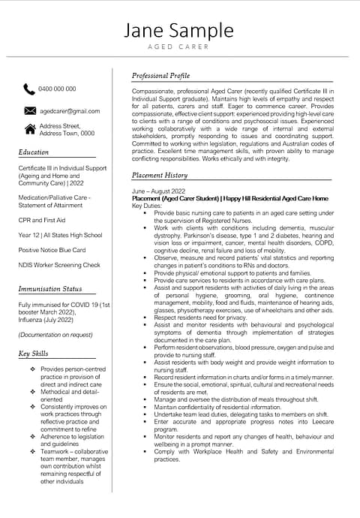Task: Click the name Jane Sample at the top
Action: click(x=179, y=30)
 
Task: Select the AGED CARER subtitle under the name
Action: click(x=179, y=47)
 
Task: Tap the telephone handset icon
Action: click(x=29, y=89)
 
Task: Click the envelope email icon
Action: click(x=29, y=110)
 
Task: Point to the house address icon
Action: click(x=29, y=129)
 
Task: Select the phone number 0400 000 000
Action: click(x=57, y=89)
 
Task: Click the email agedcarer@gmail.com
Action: click(x=69, y=111)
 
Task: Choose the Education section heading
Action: click(x=34, y=152)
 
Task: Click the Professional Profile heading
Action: click(x=160, y=76)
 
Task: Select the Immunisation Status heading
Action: click(x=50, y=289)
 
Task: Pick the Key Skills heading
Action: click(x=34, y=354)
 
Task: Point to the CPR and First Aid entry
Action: click(x=42, y=221)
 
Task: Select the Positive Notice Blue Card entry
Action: click(x=52, y=250)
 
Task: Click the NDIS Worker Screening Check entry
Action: click(x=59, y=265)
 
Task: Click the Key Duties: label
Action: click(x=147, y=206)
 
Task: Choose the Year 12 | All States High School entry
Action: click(x=59, y=235)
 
